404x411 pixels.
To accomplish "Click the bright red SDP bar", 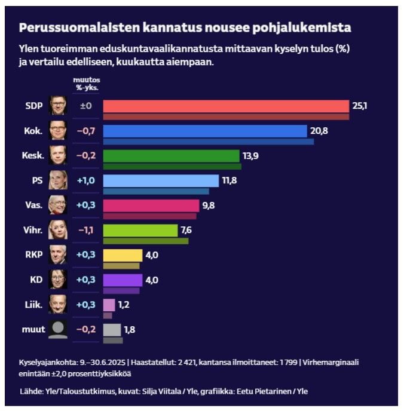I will tap(226, 106).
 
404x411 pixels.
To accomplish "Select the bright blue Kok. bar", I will tap(205, 131).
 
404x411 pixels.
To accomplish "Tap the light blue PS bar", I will tap(161, 180).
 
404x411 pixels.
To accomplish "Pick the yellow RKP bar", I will tap(123, 255).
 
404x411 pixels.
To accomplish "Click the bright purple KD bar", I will tap(123, 280).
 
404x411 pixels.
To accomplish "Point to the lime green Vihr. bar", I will tap(140, 230).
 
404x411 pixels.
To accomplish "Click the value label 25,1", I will tap(359, 106).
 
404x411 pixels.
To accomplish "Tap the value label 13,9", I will tap(250, 155).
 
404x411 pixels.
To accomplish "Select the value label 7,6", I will tap(186, 230).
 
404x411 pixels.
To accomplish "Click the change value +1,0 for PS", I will tap(85, 180).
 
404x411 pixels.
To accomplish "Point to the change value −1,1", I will tap(85, 230).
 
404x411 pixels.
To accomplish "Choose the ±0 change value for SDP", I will tap(86, 106).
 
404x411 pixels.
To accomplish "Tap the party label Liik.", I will tap(34, 305).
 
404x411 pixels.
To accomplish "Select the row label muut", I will tap(33, 329).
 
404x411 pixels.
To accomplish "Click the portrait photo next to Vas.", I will tap(57, 205).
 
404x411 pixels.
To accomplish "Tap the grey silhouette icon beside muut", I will tap(57, 329).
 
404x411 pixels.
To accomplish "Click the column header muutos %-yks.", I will tap(86, 84).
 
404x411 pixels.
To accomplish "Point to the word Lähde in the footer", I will tap(32, 391).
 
